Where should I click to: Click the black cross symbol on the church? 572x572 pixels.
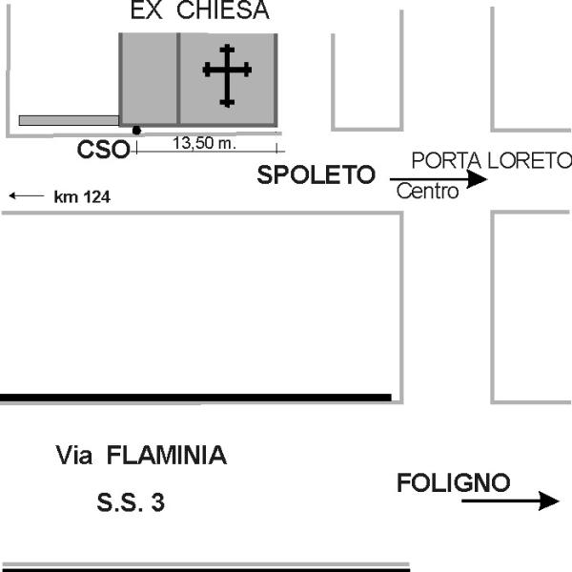pyautogui.click(x=227, y=75)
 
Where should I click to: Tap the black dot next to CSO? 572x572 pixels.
pyautogui.click(x=136, y=131)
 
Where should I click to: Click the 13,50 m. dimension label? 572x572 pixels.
pyautogui.click(x=204, y=143)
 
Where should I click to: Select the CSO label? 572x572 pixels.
pyautogui.click(x=104, y=150)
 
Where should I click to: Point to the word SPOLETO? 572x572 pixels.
pyautogui.click(x=317, y=174)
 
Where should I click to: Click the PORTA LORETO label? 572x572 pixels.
pyautogui.click(x=491, y=160)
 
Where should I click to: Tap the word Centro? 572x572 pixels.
pyautogui.click(x=427, y=192)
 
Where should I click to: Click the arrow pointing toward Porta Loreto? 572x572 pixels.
pyautogui.click(x=439, y=179)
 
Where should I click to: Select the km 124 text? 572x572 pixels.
pyautogui.click(x=82, y=197)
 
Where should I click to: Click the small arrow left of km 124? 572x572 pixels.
pyautogui.click(x=27, y=195)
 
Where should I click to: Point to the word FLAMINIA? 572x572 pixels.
pyautogui.click(x=167, y=455)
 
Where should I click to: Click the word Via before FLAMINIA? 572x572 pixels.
pyautogui.click(x=74, y=455)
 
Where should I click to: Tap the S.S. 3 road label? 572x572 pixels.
pyautogui.click(x=131, y=502)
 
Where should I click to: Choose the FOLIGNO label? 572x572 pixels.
pyautogui.click(x=454, y=482)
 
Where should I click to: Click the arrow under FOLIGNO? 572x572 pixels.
pyautogui.click(x=511, y=500)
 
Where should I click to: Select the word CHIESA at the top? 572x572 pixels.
pyautogui.click(x=223, y=10)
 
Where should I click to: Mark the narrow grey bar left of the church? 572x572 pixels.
pyautogui.click(x=69, y=120)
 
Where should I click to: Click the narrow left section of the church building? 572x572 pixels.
pyautogui.click(x=149, y=79)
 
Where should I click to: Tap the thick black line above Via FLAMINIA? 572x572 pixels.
pyautogui.click(x=195, y=398)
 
